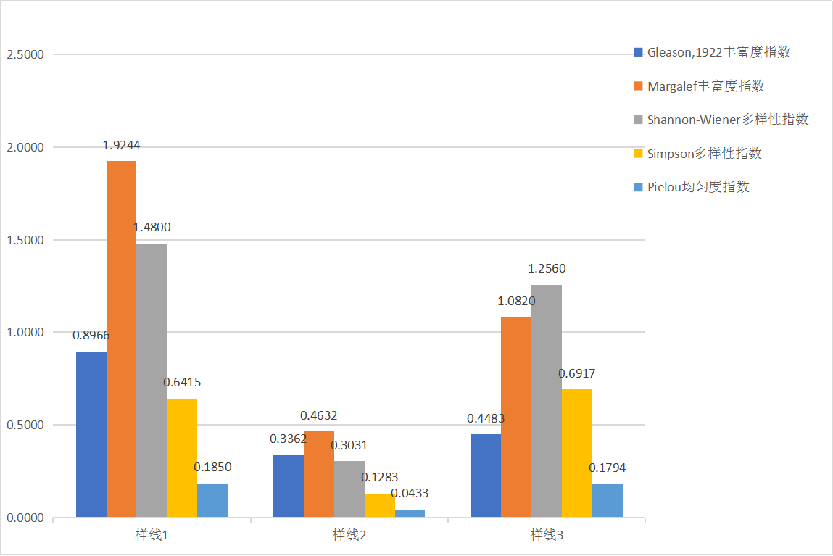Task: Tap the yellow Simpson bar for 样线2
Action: [x=379, y=505]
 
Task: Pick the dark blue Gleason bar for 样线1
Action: [x=91, y=434]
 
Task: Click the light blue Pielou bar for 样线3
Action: [x=608, y=501]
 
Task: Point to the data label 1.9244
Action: [x=121, y=145]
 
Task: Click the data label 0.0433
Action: [x=410, y=494]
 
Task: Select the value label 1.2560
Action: [x=547, y=269]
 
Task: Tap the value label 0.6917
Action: [x=577, y=373]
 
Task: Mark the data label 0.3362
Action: [x=289, y=439]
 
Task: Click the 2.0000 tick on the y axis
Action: [x=25, y=147]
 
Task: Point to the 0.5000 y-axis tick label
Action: [x=25, y=426]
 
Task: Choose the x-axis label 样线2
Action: [x=349, y=536]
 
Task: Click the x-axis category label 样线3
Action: [x=547, y=536]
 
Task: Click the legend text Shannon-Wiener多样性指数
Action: [x=728, y=120]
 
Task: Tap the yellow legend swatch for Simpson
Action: [x=638, y=154]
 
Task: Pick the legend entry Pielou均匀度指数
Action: [x=698, y=187]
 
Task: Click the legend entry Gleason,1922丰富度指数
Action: [x=718, y=52]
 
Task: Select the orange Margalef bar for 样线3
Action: [x=516, y=417]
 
